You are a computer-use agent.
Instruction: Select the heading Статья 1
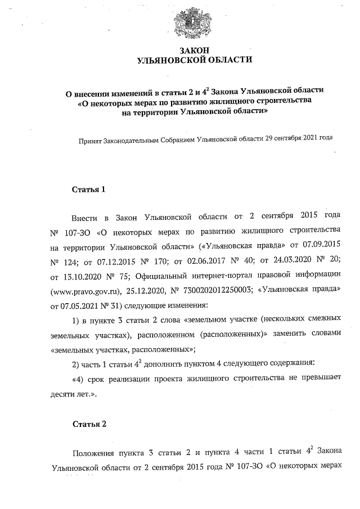(x=88, y=189)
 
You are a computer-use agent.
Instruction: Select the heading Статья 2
(x=88, y=424)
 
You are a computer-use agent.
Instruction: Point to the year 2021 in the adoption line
(x=309, y=138)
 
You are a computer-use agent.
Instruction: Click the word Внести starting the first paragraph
(x=84, y=216)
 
